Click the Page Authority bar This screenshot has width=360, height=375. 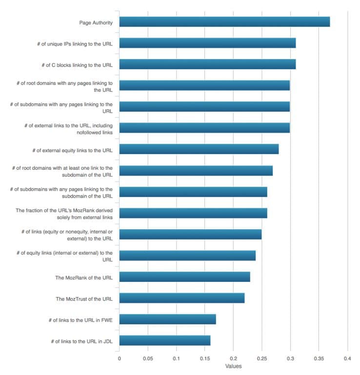224,22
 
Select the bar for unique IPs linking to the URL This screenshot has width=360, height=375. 207,43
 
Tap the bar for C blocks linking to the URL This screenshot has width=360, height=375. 207,64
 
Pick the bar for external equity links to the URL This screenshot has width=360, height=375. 199,149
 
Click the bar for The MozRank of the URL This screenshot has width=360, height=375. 184,277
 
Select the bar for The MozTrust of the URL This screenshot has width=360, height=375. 181,298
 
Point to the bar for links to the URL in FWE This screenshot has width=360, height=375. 167,319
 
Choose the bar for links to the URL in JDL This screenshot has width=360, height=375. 164,340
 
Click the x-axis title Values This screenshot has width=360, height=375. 233,366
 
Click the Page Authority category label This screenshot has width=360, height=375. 96,22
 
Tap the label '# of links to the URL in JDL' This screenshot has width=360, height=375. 82,341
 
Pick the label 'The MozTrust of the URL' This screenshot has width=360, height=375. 84,298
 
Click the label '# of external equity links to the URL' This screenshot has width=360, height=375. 73,150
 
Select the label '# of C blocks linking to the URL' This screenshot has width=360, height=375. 78,65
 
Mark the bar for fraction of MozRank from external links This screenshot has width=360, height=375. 193,213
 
